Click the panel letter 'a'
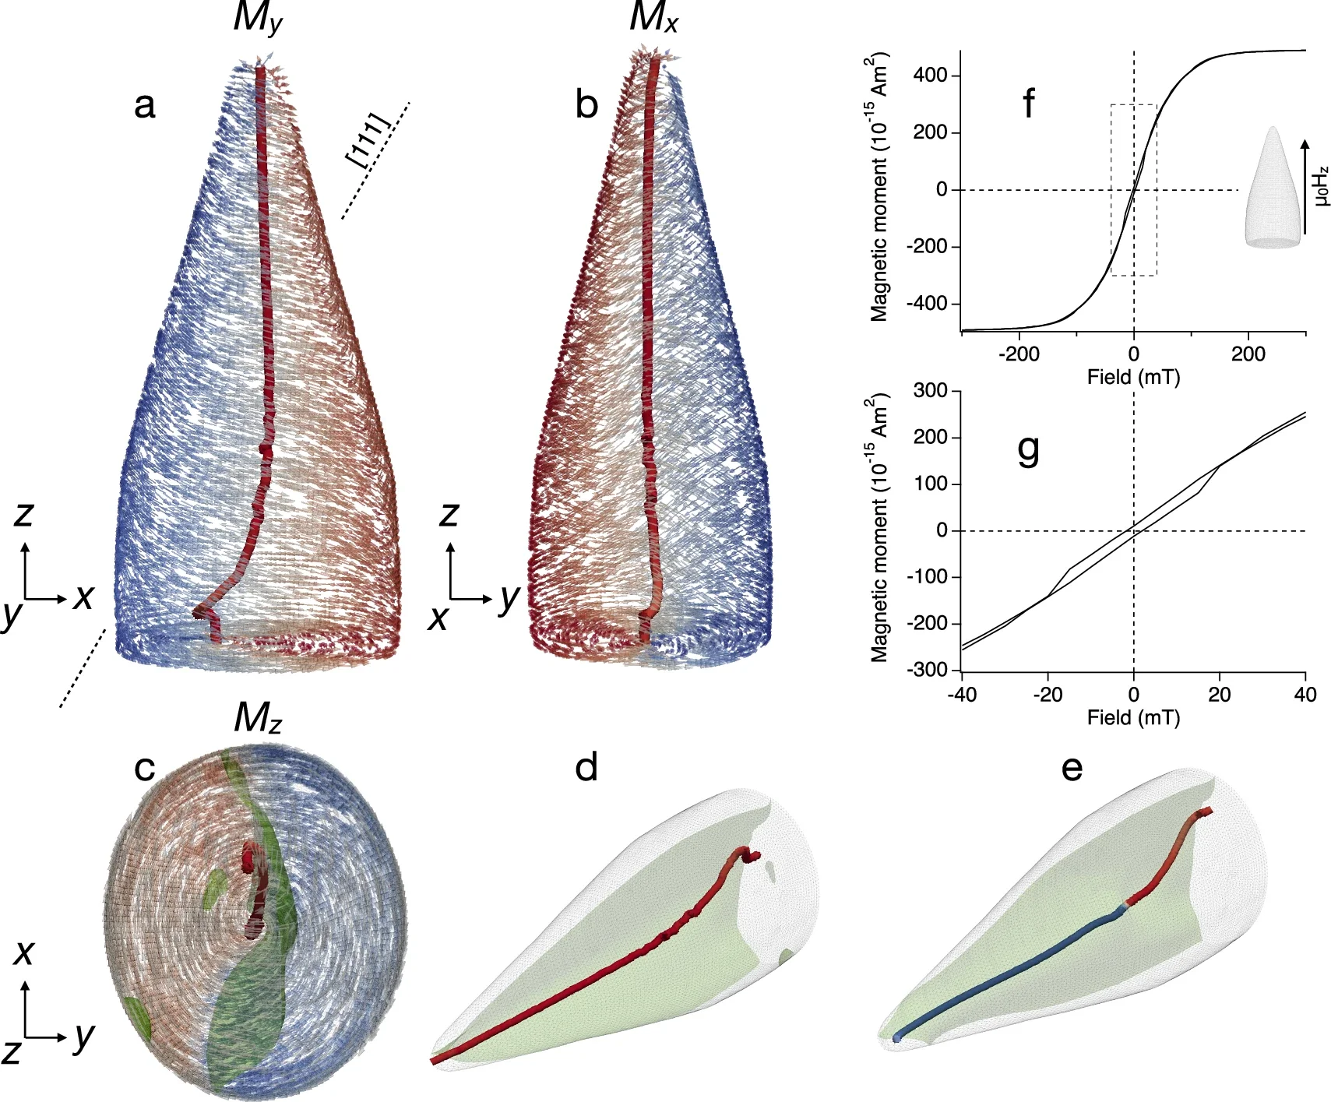[x=145, y=105]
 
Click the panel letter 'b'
[x=586, y=105]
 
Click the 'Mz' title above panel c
[x=258, y=718]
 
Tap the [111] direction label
[x=367, y=140]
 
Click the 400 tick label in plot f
[x=931, y=76]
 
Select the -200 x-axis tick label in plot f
[x=1019, y=354]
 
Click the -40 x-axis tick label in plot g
[x=962, y=695]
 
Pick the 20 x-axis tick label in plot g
[x=1220, y=695]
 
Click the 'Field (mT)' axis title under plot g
[x=1133, y=717]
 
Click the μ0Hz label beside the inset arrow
[x=1321, y=187]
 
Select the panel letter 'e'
[x=1072, y=768]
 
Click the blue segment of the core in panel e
[x=1012, y=974]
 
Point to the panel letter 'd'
[x=586, y=768]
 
